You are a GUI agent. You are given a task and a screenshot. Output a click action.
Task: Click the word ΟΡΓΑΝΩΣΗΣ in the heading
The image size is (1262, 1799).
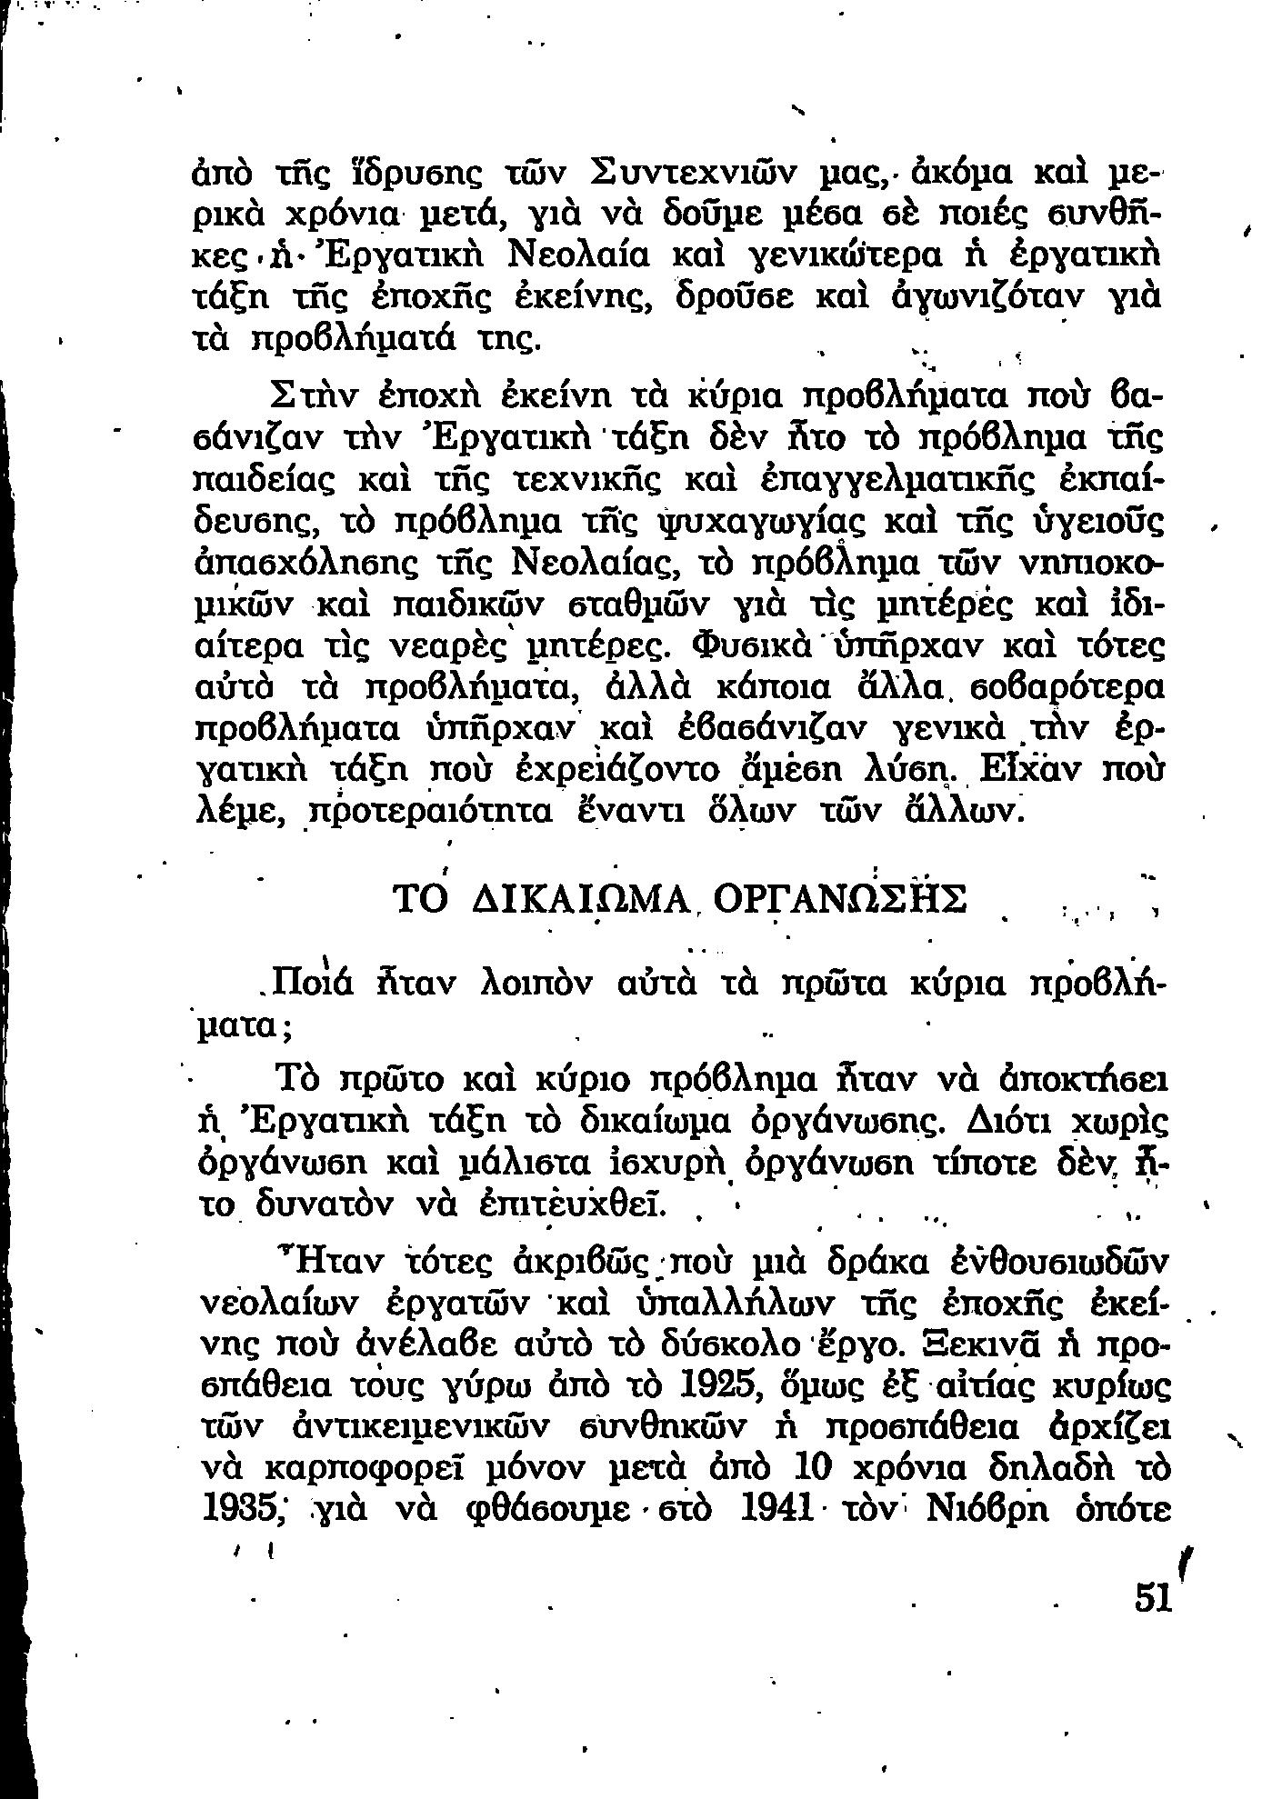[841, 899]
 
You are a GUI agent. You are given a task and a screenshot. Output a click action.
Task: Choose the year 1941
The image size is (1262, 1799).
[776, 1508]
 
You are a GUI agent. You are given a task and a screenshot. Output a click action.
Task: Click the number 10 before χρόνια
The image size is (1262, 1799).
[815, 1467]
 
